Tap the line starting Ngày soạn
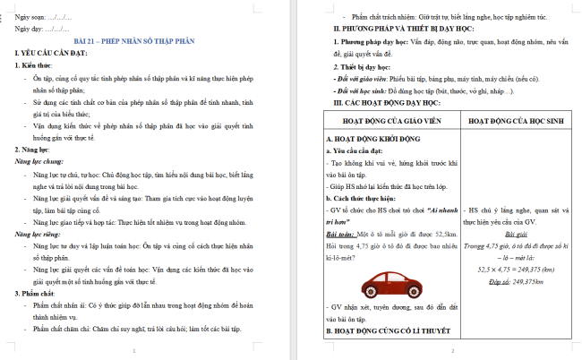click(x=45, y=18)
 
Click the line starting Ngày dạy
click(x=43, y=30)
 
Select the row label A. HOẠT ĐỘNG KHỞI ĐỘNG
click(x=370, y=141)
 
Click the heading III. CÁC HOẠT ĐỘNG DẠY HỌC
click(x=390, y=103)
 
